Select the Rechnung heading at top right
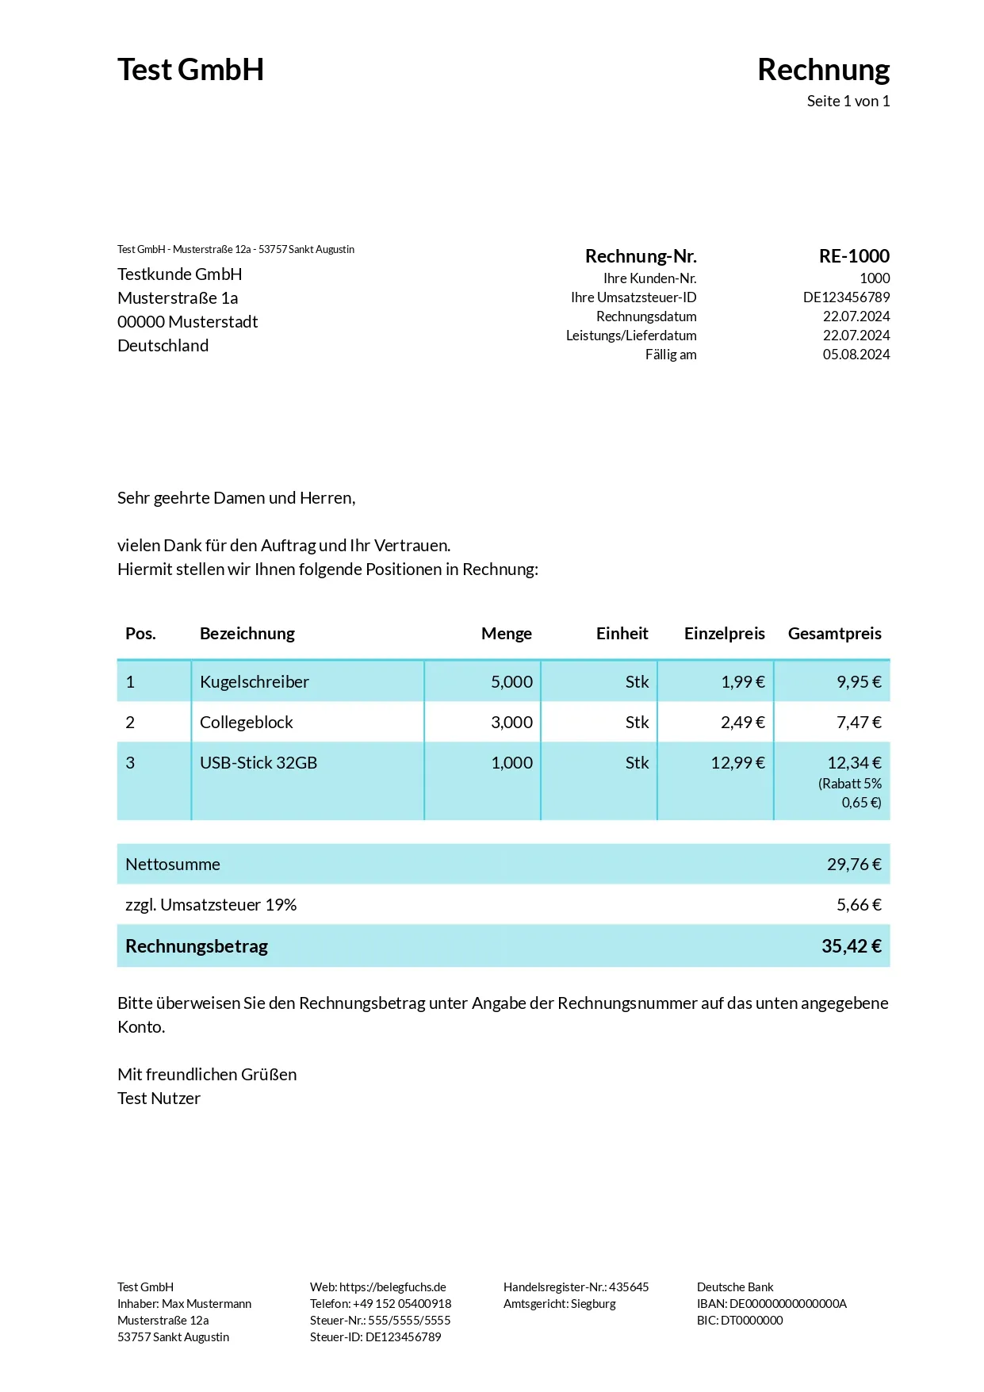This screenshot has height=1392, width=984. point(823,70)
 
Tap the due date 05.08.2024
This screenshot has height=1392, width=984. point(856,355)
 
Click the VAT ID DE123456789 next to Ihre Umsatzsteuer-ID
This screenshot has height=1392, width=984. point(846,297)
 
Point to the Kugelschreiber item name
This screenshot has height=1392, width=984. point(254,682)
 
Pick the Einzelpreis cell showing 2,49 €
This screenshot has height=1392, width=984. point(742,723)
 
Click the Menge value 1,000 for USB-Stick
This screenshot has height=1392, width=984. point(511,763)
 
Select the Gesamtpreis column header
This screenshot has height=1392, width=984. point(834,634)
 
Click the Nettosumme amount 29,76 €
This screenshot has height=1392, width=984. point(853,865)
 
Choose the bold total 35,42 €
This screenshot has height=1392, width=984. point(851,946)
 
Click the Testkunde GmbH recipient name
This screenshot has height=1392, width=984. point(179,274)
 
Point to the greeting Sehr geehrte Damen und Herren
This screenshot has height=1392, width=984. point(236,498)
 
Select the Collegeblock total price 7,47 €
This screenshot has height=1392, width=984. point(858,723)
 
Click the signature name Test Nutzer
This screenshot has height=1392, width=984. point(159,1099)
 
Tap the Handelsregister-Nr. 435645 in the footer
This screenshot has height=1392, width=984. point(576,1287)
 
